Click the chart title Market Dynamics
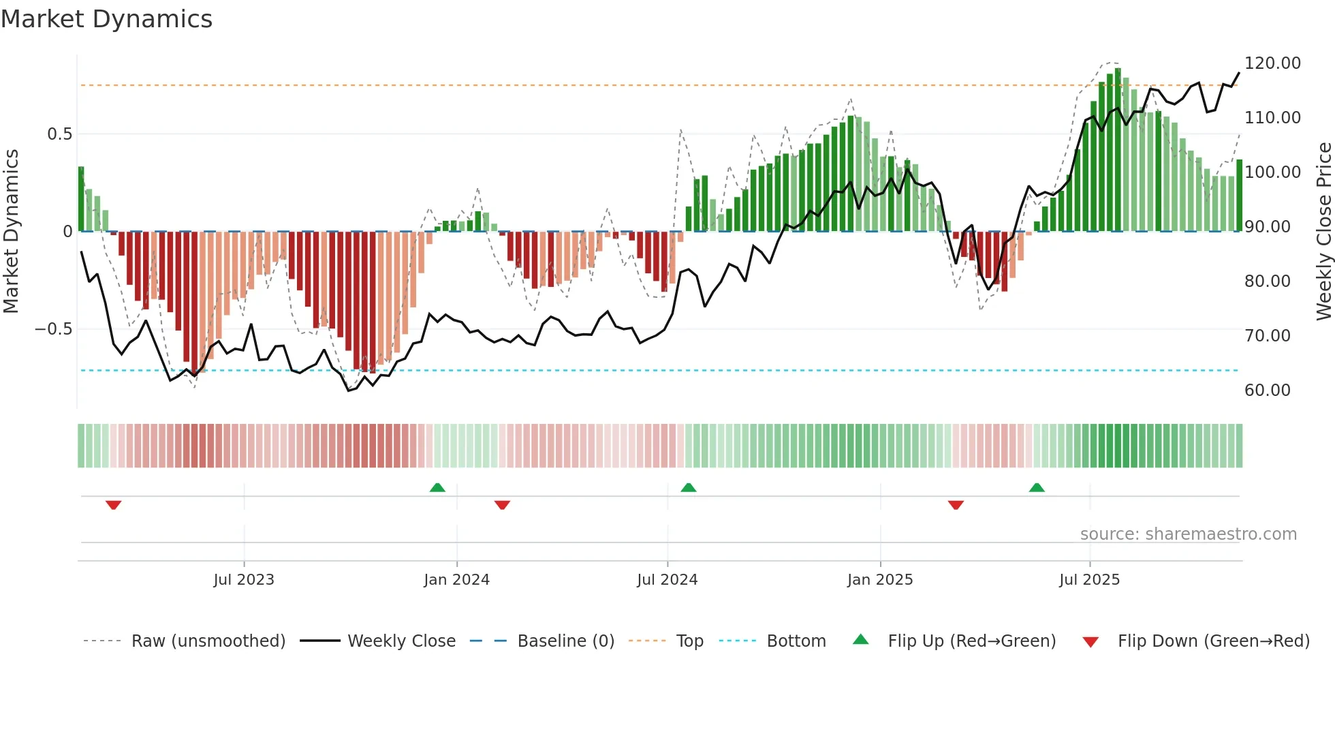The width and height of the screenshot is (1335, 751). (x=106, y=19)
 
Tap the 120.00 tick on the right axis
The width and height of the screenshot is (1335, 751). (x=1272, y=63)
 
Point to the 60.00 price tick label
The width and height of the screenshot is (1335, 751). (x=1267, y=390)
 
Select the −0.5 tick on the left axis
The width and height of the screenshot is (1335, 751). (x=53, y=329)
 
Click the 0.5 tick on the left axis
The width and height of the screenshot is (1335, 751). (x=59, y=134)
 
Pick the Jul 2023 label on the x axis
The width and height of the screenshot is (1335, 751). (x=243, y=580)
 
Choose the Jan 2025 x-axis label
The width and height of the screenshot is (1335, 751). (x=879, y=580)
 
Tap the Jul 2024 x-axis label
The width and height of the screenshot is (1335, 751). (x=667, y=580)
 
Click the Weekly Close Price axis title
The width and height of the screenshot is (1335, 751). (x=1323, y=232)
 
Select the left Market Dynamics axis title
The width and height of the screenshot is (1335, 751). (x=11, y=232)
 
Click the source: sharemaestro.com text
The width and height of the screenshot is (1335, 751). (x=1188, y=534)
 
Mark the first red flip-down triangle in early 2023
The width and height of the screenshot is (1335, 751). (x=114, y=505)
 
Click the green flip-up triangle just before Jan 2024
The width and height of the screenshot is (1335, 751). (x=437, y=487)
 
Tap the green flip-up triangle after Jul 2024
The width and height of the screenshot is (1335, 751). (x=688, y=487)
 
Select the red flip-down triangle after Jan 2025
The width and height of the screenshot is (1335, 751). (x=956, y=505)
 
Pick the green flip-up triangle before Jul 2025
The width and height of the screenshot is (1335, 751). (x=1037, y=487)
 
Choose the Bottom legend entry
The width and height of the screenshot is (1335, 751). (x=796, y=641)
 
